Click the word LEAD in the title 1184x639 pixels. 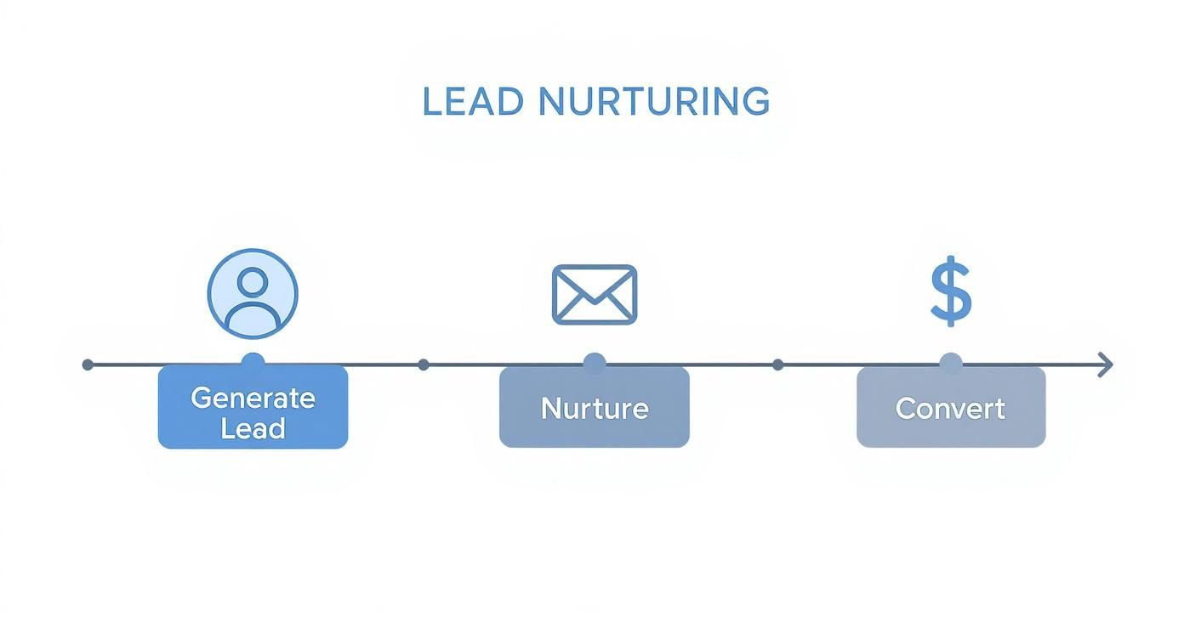pyautogui.click(x=472, y=102)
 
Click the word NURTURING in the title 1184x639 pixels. pyautogui.click(x=654, y=102)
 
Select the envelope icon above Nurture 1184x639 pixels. pyautogui.click(x=594, y=294)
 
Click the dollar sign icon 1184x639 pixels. pyautogui.click(x=950, y=293)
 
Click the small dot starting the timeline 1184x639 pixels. pyautogui.click(x=88, y=365)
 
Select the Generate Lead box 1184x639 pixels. pyautogui.click(x=253, y=407)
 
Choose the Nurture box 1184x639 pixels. pyautogui.click(x=594, y=407)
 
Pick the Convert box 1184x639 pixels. pyautogui.click(x=950, y=407)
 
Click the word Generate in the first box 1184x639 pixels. pyautogui.click(x=253, y=398)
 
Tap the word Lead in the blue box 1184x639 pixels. pyautogui.click(x=253, y=428)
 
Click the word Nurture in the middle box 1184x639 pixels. pyautogui.click(x=594, y=409)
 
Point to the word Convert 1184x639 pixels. pyautogui.click(x=950, y=409)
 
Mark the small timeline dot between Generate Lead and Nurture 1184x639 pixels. pyautogui.click(x=424, y=365)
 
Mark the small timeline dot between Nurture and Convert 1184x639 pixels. pyautogui.click(x=777, y=365)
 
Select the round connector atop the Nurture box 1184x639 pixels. pyautogui.click(x=594, y=364)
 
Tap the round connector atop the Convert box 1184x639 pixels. pyautogui.click(x=950, y=364)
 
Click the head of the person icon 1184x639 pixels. pyautogui.click(x=253, y=281)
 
